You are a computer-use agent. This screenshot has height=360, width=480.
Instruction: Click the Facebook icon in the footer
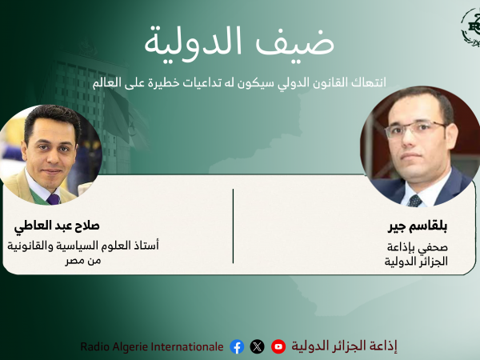[237, 346]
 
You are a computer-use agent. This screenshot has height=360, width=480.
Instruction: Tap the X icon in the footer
[257, 346]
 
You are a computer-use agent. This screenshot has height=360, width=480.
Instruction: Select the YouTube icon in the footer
[278, 346]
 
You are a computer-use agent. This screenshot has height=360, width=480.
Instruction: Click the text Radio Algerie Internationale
[152, 346]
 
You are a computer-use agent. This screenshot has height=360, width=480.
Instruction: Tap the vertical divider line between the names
[234, 226]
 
